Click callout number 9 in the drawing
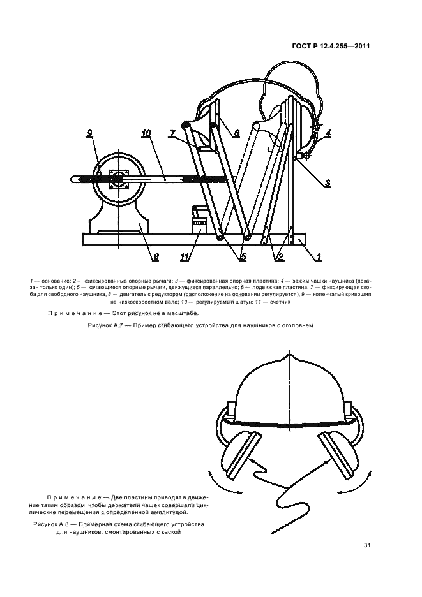90,133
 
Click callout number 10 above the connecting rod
146,134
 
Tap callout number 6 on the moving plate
236,134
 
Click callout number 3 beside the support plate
327,183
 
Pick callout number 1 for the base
319,257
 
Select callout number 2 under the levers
279,257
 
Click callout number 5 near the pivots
243,257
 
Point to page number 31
367,545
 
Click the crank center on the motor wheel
117,181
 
